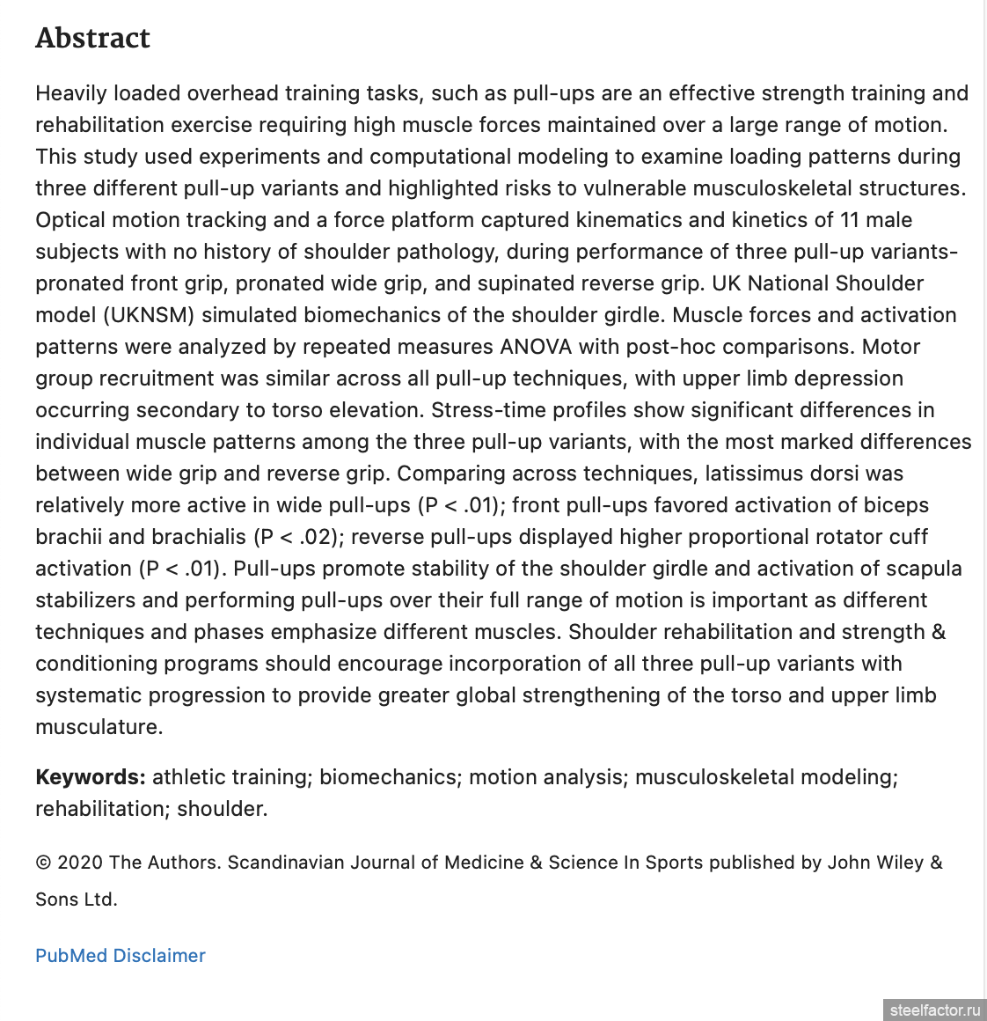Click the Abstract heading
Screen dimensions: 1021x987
pos(92,38)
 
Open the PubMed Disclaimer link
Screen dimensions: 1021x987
pos(121,956)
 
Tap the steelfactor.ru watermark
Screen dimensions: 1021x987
pos(934,1010)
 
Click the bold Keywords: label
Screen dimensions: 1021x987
pos(91,777)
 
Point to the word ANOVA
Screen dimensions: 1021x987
pos(537,347)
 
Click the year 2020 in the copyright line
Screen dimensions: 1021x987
pos(80,863)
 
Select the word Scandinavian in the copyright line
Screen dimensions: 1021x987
pos(286,863)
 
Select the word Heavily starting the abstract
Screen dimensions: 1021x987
pos(72,93)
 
